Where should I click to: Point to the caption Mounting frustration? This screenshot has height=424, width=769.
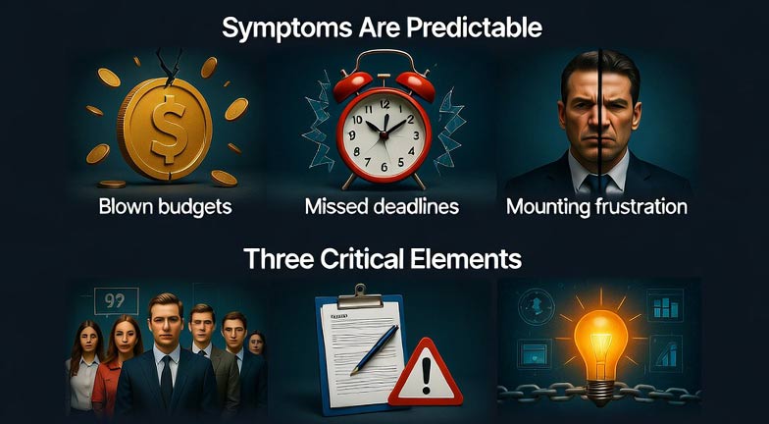pos(596,208)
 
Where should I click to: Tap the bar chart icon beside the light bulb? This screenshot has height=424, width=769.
pos(666,307)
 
